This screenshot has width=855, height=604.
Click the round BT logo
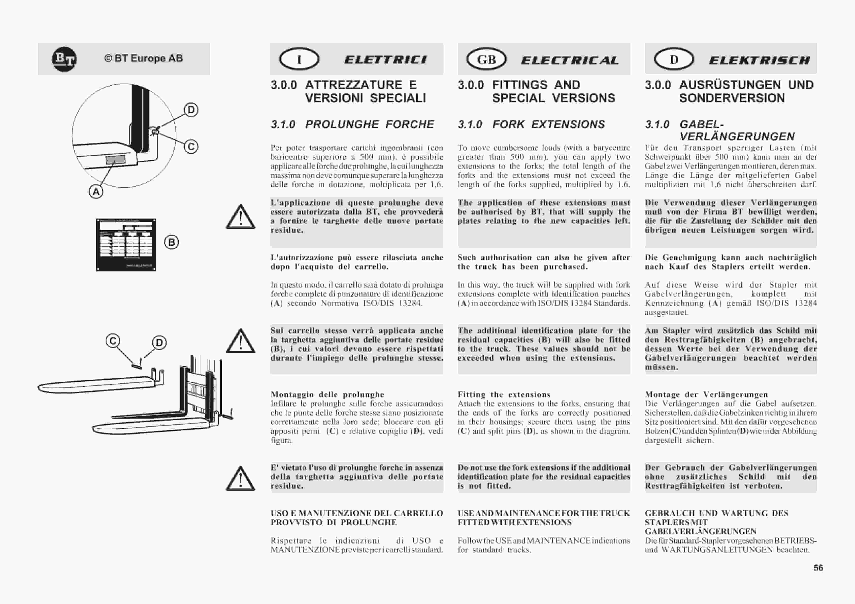point(64,59)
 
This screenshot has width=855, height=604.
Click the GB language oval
point(486,59)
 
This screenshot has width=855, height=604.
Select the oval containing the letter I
point(299,59)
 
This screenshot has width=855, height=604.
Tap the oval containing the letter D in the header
point(674,59)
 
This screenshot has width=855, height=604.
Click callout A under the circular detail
point(96,192)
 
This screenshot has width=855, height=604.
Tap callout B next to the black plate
point(171,242)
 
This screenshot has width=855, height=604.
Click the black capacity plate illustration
point(126,245)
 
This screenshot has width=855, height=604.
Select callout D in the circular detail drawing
point(191,110)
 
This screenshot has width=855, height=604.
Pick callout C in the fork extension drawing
point(113,341)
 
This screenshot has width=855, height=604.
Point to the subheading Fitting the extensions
point(504,394)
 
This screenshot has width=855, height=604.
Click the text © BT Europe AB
point(143,58)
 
